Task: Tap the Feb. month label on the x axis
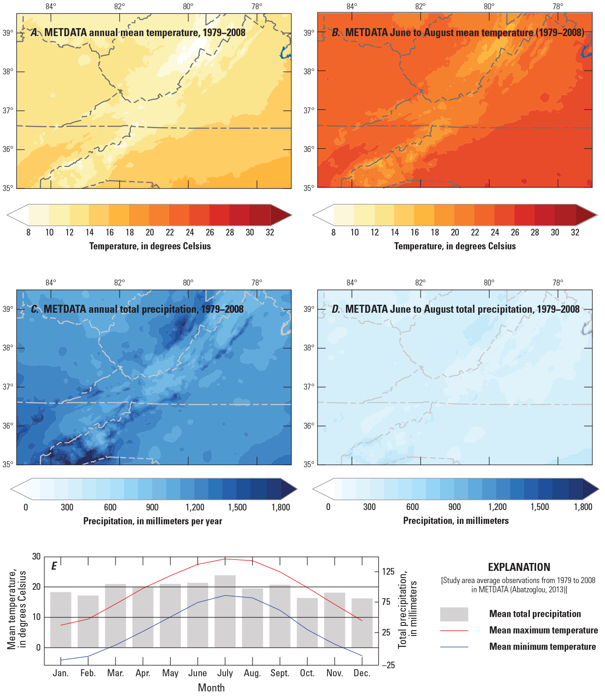pyautogui.click(x=88, y=673)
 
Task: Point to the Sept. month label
pyautogui.click(x=280, y=673)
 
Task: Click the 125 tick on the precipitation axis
pyautogui.click(x=388, y=571)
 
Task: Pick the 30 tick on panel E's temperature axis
pyautogui.click(x=37, y=557)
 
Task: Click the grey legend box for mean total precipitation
pyautogui.click(x=454, y=614)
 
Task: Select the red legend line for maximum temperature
pyautogui.click(x=454, y=631)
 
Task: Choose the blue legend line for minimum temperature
pyautogui.click(x=454, y=647)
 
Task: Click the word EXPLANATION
pyautogui.click(x=519, y=567)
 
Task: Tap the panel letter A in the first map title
pyautogui.click(x=35, y=33)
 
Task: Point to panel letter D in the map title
pyautogui.click(x=336, y=309)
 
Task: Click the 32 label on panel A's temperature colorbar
pyautogui.click(x=270, y=233)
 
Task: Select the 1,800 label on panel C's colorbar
pyautogui.click(x=280, y=507)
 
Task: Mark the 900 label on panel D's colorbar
pyautogui.click(x=454, y=507)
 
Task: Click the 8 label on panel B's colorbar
pyautogui.click(x=333, y=233)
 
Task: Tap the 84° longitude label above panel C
pyautogui.click(x=51, y=283)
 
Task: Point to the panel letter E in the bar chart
pyautogui.click(x=54, y=566)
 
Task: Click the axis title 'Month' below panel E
pyautogui.click(x=211, y=688)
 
